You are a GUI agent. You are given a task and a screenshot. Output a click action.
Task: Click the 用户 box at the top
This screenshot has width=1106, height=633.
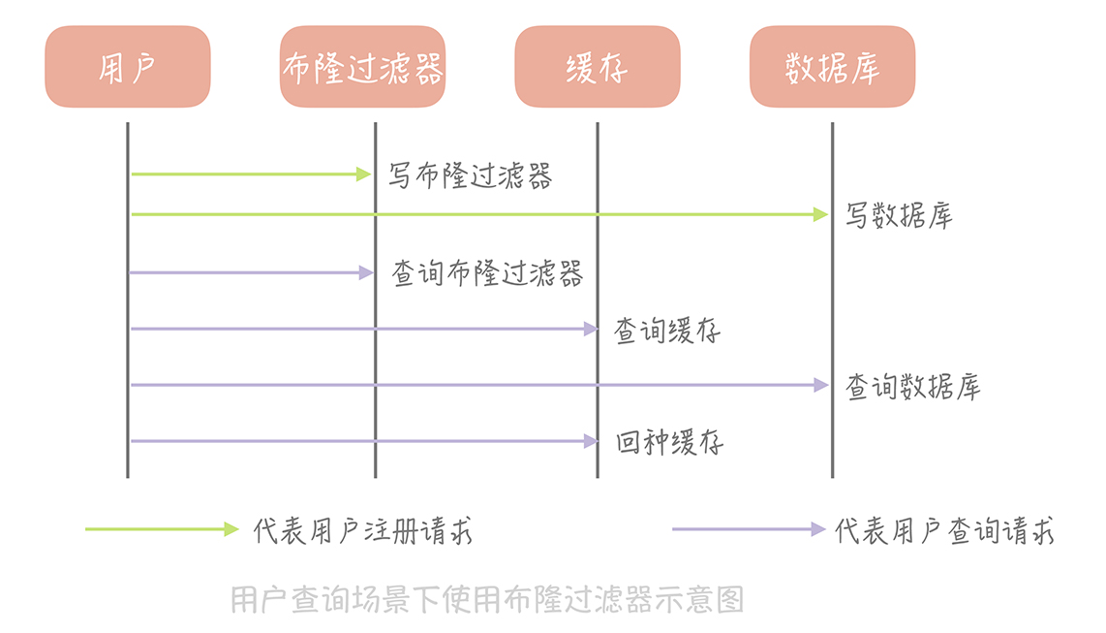127,67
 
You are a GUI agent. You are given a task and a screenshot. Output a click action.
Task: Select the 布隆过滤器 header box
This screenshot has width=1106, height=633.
362,67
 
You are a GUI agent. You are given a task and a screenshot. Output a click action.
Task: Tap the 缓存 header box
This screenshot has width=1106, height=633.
597,67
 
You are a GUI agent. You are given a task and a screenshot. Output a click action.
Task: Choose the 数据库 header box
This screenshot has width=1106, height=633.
832,67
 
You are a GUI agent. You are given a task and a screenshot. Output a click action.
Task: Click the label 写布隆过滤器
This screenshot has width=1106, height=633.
471,176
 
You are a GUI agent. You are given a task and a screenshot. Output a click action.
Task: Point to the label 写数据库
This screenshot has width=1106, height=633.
899,215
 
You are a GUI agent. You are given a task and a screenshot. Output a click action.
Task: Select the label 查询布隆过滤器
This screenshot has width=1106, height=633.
487,273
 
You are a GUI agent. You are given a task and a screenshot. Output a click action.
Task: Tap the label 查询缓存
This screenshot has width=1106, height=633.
667,332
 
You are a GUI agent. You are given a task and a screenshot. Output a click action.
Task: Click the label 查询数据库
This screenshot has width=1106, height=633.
913,387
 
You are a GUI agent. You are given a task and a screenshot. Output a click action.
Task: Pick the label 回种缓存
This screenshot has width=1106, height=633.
669,443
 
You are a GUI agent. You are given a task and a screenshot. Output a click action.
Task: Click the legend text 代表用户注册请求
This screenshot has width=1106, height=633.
363,531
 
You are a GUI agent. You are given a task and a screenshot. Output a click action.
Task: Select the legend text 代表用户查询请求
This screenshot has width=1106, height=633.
944,531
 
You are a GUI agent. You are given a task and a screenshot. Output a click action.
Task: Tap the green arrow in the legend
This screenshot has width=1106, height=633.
161,529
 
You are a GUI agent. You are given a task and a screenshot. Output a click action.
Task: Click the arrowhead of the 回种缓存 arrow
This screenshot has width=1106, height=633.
591,441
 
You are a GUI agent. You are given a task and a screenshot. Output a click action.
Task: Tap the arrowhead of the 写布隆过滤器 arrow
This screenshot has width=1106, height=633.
364,174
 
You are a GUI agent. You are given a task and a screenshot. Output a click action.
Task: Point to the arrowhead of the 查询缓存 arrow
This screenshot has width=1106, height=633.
591,330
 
